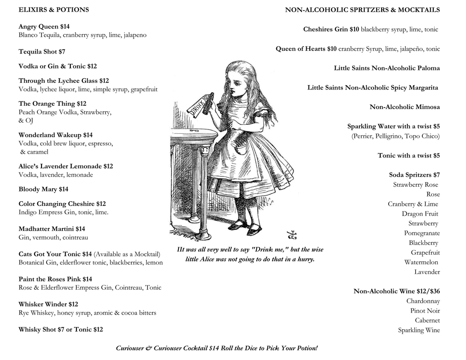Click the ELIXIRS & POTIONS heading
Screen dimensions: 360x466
(x=54, y=10)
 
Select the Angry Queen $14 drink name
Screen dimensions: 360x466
(x=44, y=27)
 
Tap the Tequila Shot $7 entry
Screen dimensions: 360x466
(x=42, y=52)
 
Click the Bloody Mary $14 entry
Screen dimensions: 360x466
(x=43, y=189)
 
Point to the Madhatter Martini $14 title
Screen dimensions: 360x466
(x=52, y=229)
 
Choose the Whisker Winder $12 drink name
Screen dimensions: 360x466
(x=48, y=304)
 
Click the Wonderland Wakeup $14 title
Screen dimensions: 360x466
(x=55, y=135)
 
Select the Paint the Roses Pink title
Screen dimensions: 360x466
(x=55, y=279)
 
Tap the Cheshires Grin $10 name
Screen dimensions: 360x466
(x=331, y=29)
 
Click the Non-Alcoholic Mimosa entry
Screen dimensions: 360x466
(x=404, y=107)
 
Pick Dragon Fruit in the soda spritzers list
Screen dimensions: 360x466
(x=420, y=214)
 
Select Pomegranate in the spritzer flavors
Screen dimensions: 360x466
(x=422, y=233)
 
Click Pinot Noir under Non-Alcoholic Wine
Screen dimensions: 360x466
(x=425, y=311)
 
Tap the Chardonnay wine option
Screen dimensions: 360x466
(x=423, y=301)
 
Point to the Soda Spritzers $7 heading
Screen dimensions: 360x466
(x=414, y=175)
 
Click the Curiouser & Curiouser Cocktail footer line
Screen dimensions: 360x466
(x=217, y=348)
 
